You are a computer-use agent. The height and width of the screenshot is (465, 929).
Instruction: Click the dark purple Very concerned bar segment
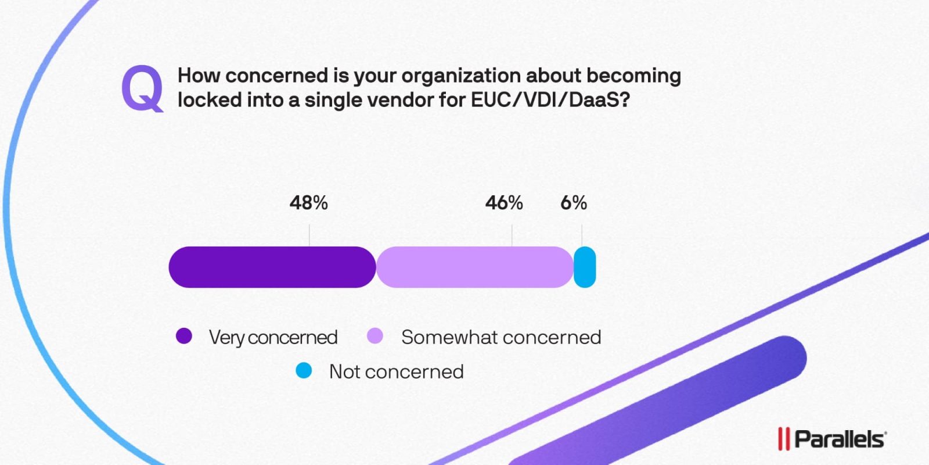[272, 267]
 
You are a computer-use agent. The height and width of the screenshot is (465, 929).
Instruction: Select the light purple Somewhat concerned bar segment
[474, 267]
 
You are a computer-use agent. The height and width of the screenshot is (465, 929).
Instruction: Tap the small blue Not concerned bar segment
[585, 267]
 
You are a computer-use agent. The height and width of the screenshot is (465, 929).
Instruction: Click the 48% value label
[308, 203]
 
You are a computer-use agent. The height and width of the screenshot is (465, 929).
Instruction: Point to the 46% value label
[504, 203]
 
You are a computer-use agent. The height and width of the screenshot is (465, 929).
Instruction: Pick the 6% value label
[573, 203]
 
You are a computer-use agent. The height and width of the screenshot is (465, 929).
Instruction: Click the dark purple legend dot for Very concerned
[184, 336]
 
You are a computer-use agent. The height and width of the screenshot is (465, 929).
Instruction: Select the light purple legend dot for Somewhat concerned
[375, 336]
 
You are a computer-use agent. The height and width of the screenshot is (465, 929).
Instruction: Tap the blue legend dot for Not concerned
[304, 370]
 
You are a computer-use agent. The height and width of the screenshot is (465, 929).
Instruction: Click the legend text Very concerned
[273, 337]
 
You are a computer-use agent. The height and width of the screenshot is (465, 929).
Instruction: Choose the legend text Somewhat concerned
[501, 337]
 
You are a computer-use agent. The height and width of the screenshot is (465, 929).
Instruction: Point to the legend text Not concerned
[396, 371]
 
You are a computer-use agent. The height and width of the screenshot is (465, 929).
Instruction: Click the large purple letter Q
[142, 88]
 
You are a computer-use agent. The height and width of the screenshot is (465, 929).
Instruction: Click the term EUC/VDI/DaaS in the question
[550, 100]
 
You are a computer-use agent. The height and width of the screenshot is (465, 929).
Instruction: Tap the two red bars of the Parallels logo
[784, 439]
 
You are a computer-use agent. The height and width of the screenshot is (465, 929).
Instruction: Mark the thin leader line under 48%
[309, 235]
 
